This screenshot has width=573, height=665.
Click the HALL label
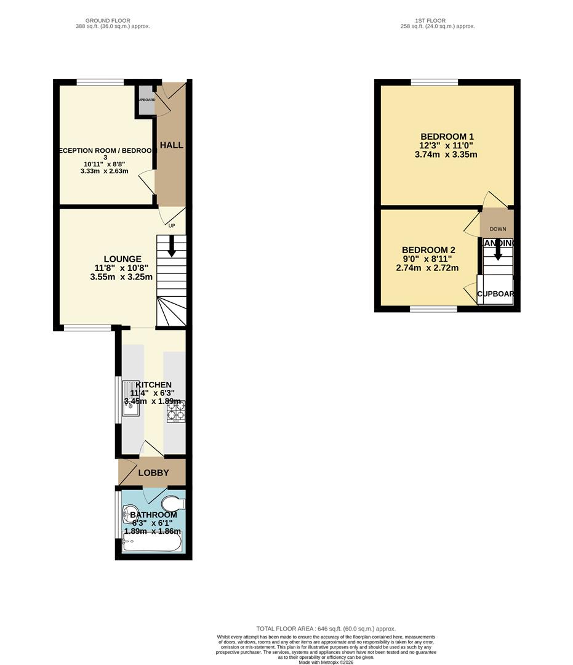172,145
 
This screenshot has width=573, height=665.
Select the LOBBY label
153,473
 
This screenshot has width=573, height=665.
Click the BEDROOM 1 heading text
447,136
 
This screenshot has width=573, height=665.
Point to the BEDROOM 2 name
428,249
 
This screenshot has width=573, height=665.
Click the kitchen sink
132,399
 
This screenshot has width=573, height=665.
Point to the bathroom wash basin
130,513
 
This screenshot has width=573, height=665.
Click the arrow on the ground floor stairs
171,248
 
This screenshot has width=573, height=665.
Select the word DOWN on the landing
498,229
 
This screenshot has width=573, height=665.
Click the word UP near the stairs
172,225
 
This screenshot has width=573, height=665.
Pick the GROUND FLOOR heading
108,20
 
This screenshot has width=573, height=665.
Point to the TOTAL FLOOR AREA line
326,629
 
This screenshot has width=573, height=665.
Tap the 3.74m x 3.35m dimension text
447,155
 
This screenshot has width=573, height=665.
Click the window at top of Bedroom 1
435,82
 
